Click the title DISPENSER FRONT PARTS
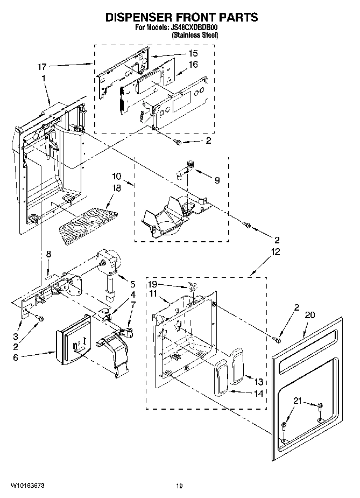click(181, 17)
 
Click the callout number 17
click(41, 67)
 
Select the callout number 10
click(117, 176)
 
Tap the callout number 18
click(117, 188)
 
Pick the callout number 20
click(310, 315)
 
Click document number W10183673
click(27, 486)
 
